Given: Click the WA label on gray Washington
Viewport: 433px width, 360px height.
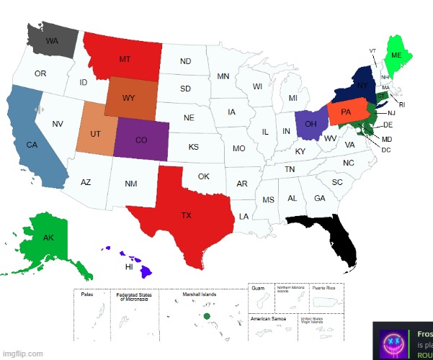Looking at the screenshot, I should click(x=52, y=41).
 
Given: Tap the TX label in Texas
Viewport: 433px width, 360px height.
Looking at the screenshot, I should click(x=186, y=215).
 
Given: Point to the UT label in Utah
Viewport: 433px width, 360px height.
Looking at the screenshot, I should click(x=95, y=134).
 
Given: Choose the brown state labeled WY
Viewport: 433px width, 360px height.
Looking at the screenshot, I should click(x=129, y=97).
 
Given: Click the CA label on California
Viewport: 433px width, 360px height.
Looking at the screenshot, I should click(x=32, y=145).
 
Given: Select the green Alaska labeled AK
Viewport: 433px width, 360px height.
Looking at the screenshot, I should click(x=48, y=237).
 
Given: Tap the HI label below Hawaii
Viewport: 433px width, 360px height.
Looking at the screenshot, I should click(x=129, y=266).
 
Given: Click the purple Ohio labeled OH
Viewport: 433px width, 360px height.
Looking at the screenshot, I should click(x=311, y=123).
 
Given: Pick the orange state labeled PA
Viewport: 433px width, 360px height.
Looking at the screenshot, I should click(x=346, y=112).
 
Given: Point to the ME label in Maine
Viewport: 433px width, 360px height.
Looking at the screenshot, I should click(x=396, y=55).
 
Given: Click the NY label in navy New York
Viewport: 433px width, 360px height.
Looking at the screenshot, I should click(x=362, y=86).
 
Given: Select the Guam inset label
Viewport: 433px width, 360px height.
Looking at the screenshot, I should click(x=259, y=288).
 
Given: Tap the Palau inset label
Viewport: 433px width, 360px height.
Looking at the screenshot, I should click(x=86, y=294).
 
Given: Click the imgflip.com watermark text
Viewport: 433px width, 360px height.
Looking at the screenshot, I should click(x=22, y=354).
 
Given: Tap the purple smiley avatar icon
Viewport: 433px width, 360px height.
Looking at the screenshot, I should click(x=392, y=341).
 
